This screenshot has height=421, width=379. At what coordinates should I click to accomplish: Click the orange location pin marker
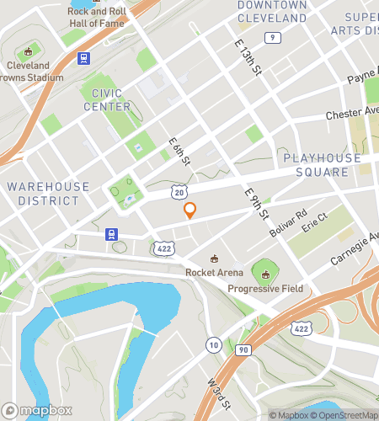(x=190, y=211)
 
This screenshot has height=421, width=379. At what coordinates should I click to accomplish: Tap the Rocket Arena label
(x=215, y=272)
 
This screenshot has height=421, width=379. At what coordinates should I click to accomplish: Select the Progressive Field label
(x=265, y=289)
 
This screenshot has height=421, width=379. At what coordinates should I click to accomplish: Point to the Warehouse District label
(x=47, y=193)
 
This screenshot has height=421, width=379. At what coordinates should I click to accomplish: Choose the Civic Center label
(x=107, y=99)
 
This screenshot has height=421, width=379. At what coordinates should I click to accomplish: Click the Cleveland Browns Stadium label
(x=34, y=72)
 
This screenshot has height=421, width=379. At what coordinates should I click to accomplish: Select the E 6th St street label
(x=179, y=151)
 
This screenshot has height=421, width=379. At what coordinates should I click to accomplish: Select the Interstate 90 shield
(x=244, y=349)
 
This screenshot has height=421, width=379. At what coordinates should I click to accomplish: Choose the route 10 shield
(x=214, y=344)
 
